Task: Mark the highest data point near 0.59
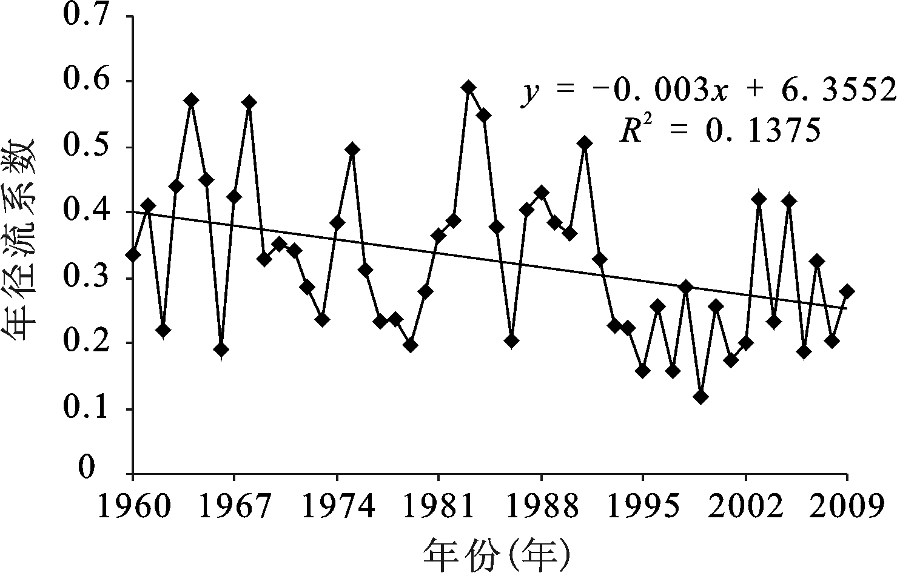point(468,87)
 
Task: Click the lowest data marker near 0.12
point(701,397)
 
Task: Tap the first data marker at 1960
point(133,255)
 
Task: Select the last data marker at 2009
point(847,291)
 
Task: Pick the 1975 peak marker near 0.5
point(352,150)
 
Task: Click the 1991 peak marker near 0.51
point(585,143)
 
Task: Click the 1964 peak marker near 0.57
point(192,100)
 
